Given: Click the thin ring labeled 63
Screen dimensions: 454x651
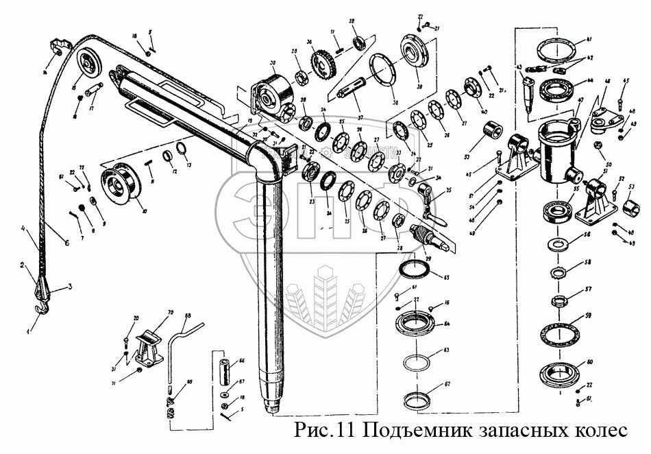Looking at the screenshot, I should point(417,361).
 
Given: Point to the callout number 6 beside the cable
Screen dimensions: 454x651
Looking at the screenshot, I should point(66,241).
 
